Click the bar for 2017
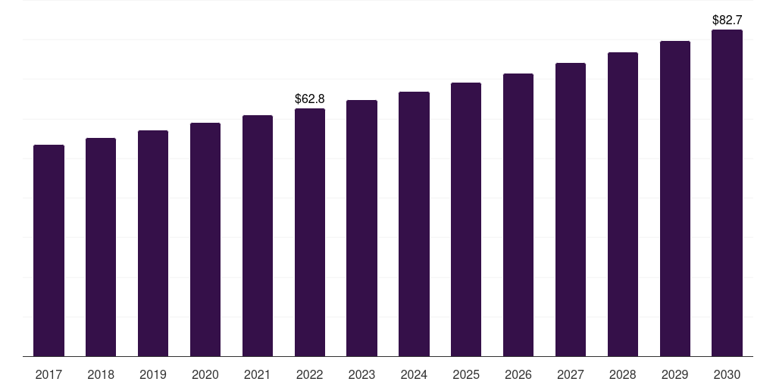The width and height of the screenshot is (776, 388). point(48,250)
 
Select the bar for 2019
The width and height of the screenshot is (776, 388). point(153,243)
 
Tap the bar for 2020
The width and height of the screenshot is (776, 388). point(205,239)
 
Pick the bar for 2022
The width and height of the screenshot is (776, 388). point(310,232)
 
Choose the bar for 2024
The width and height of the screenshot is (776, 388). point(414,224)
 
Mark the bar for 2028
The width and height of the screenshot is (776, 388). point(623,204)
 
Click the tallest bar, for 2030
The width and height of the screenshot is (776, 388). point(727,192)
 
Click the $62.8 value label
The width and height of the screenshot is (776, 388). point(310,99)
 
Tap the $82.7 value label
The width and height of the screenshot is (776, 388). point(727,20)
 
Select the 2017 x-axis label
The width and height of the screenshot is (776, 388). point(48,374)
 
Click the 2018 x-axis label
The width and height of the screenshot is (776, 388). point(101,374)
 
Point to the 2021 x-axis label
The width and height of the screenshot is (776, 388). point(258,374)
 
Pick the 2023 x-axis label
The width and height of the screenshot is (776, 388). point(361,374)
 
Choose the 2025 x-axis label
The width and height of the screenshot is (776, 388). point(466,374)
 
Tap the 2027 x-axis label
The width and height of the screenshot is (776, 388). point(571,374)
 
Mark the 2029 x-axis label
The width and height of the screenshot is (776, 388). point(674,374)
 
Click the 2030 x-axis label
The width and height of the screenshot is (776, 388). point(727,374)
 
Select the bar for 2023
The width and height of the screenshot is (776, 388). point(361,227)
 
